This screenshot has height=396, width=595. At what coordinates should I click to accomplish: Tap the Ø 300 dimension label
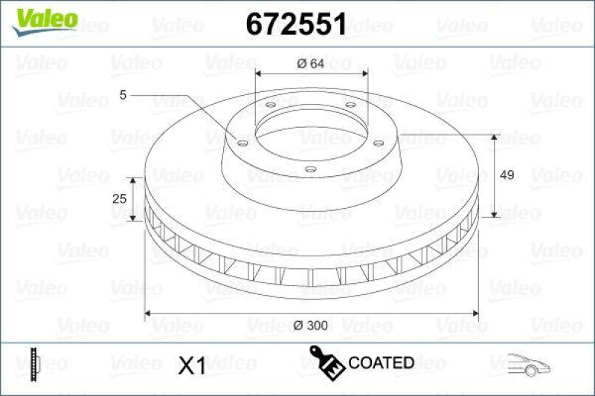(311, 325)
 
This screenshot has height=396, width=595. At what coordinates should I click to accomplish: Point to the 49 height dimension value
(507, 175)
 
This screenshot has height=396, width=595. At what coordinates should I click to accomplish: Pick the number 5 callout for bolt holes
(123, 95)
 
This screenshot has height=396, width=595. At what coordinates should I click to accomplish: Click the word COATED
(381, 363)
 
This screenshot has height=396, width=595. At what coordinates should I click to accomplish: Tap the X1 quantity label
(192, 364)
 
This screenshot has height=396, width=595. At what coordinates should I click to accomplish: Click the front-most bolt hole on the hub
(311, 169)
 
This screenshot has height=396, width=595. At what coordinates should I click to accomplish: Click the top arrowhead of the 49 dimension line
(495, 137)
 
